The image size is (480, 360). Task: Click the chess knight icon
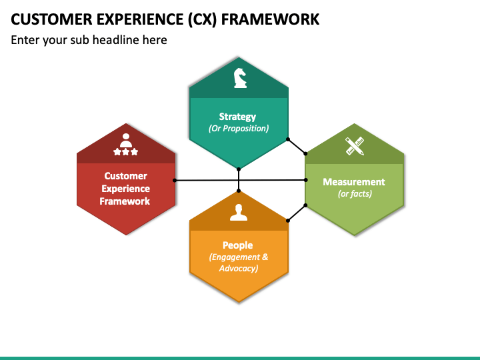pos(240,78)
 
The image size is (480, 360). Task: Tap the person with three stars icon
pos(126,144)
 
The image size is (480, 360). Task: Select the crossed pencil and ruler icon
pos(355,146)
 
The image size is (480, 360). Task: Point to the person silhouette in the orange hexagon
pos(239,212)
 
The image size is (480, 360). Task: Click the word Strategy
pos(237,117)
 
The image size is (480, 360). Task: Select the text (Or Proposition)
pos(239,128)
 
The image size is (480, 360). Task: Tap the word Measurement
pos(354,182)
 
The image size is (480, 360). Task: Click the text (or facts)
pos(355,193)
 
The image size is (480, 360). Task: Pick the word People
pos(238,245)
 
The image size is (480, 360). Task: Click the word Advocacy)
pos(239,269)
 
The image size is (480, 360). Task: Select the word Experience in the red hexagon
pos(126,189)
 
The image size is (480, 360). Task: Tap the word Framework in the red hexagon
pos(125,201)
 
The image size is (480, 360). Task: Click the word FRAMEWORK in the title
pos(270,19)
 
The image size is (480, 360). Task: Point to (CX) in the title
pos(203,19)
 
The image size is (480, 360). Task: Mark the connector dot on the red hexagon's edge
pos(175,180)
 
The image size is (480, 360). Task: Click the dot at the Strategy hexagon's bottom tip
pos(239,169)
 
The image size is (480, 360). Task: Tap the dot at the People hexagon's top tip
pos(239,191)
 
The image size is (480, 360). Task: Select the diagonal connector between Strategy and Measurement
pos(297,146)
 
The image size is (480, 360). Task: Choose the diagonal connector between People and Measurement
pos(297,213)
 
